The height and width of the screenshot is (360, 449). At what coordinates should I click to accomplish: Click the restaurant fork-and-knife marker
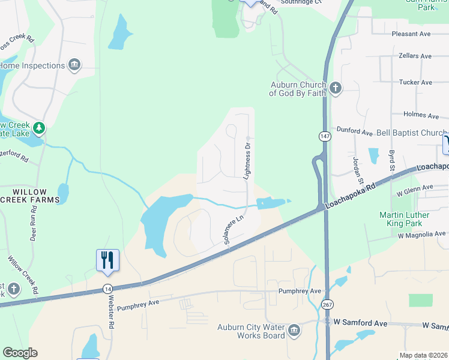click(107, 260)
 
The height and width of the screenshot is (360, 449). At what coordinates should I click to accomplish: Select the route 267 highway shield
click(327, 305)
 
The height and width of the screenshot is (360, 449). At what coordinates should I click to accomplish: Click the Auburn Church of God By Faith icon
click(335, 89)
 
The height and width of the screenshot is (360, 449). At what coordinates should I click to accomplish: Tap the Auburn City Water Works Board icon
click(294, 331)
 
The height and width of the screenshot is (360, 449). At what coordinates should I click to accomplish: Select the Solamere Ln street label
click(233, 230)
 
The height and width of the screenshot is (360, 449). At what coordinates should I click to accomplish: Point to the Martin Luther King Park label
click(412, 219)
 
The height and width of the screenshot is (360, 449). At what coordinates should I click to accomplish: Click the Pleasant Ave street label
click(411, 34)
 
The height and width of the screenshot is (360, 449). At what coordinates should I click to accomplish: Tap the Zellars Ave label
click(415, 56)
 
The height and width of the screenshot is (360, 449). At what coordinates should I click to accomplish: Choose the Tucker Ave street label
click(415, 82)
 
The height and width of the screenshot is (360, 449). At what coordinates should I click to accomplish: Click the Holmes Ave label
click(421, 115)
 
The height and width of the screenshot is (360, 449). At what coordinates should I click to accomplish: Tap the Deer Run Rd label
click(34, 221)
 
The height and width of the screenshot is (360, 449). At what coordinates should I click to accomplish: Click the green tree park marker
click(39, 127)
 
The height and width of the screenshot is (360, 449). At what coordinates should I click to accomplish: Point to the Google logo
click(19, 353)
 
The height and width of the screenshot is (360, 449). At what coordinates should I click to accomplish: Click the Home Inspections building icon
click(74, 65)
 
